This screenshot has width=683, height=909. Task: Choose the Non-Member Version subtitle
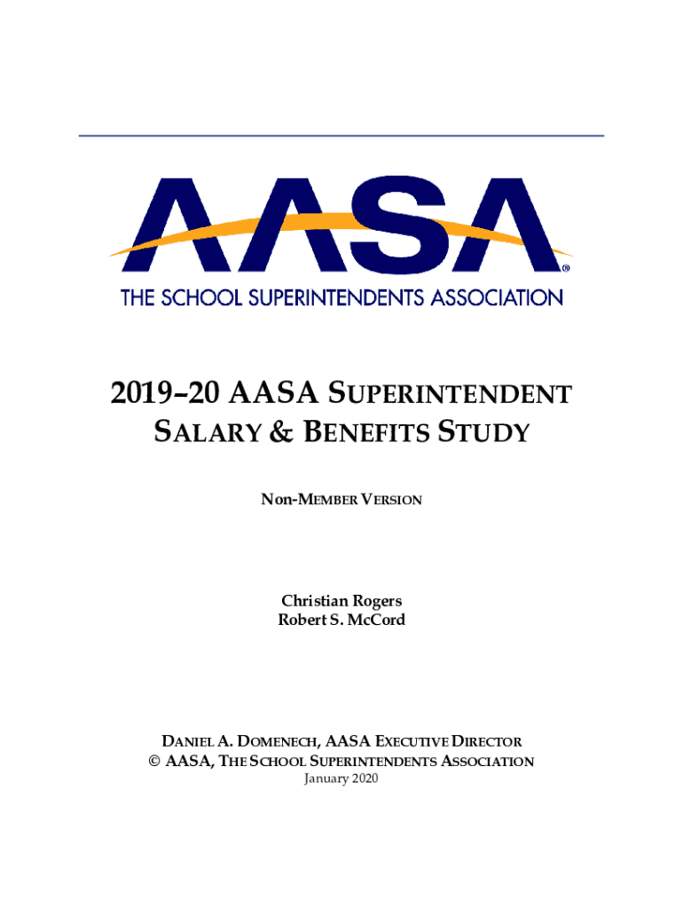[x=341, y=500]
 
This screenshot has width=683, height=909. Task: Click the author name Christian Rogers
[x=341, y=601]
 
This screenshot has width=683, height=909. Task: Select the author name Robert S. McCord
[x=341, y=620]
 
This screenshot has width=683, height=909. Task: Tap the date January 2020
[x=341, y=779]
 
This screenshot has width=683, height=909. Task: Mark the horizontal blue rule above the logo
[x=341, y=136]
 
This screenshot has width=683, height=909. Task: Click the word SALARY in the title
[x=210, y=433]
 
